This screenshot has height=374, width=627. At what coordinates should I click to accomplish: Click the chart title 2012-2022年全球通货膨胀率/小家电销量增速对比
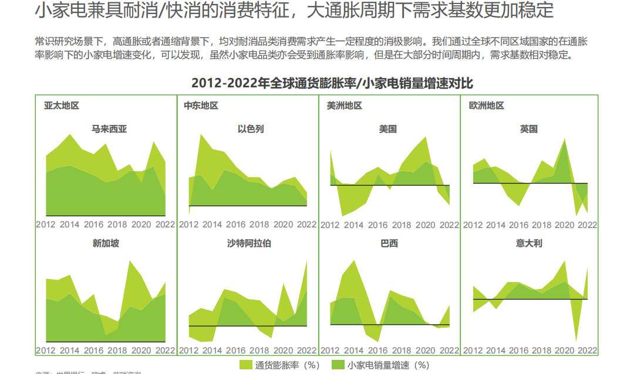[x=332, y=83]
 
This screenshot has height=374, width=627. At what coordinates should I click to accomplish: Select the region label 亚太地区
[x=62, y=106]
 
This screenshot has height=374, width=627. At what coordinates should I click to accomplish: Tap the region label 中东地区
[x=201, y=106]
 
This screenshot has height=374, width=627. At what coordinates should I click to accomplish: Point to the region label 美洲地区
[x=345, y=106]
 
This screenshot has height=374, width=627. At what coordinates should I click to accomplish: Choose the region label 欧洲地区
[x=487, y=106]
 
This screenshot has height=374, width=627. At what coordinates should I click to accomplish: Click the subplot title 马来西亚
[x=109, y=129]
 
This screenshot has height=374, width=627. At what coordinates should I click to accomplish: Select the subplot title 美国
[x=388, y=129]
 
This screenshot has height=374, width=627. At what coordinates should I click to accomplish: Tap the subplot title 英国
[x=529, y=129]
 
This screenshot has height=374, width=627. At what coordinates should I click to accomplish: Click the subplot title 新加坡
[x=106, y=243]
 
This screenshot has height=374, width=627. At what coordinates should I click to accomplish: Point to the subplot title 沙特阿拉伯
[x=250, y=243]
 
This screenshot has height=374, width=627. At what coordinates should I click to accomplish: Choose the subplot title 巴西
[x=389, y=243]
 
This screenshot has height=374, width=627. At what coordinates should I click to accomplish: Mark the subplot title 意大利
[x=529, y=243]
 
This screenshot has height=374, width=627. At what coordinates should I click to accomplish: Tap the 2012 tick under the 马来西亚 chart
[x=46, y=225]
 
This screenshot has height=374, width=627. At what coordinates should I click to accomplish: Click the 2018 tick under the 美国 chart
[x=402, y=225]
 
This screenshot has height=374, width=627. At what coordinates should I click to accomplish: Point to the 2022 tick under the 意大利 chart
[x=587, y=351]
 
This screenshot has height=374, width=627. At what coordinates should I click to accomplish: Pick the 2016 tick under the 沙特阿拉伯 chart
[x=236, y=351]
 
